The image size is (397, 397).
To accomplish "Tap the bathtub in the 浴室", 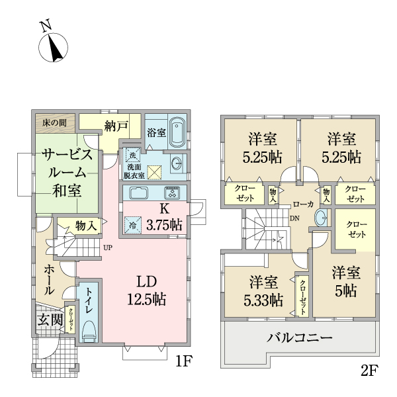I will click(177, 134).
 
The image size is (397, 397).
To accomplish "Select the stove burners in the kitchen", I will click(171, 194).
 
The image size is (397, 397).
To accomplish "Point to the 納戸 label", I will click(116, 126).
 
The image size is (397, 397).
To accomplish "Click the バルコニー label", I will click(300, 337).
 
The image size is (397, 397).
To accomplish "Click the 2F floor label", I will click(369, 370).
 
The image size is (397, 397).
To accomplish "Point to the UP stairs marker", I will click(107, 249).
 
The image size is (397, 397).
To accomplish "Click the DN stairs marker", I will click(294, 219).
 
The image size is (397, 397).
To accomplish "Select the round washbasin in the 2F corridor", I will click(320, 217).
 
